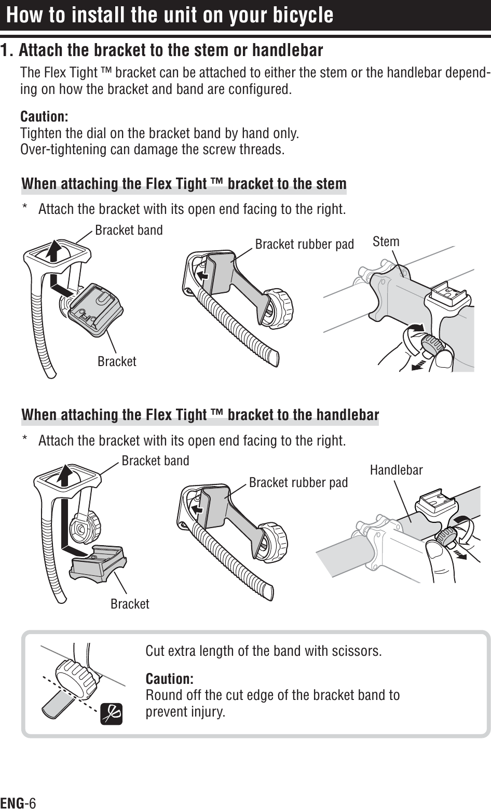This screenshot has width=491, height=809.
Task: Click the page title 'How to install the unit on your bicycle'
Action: [x=170, y=15]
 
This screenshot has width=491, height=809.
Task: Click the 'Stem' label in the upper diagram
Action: [x=386, y=241]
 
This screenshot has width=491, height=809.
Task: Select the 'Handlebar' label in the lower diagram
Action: [x=396, y=470]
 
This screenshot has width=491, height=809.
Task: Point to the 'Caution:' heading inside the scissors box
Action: [x=170, y=679]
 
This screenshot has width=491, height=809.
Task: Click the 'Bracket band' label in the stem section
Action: [x=129, y=230]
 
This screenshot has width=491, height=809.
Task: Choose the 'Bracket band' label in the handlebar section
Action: [x=155, y=461]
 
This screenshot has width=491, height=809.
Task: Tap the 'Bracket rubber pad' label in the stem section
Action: [x=304, y=244]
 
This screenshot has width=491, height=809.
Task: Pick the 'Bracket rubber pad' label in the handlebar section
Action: [x=298, y=483]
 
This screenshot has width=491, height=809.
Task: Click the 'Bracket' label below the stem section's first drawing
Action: [x=117, y=361]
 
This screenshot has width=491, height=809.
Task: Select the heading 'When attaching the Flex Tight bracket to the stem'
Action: [x=184, y=184]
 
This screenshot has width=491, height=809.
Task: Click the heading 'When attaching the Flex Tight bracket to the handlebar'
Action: [x=200, y=415]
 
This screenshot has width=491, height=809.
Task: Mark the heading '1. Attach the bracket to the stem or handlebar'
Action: [x=161, y=51]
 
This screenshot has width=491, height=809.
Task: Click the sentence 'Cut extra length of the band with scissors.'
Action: [x=264, y=651]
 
